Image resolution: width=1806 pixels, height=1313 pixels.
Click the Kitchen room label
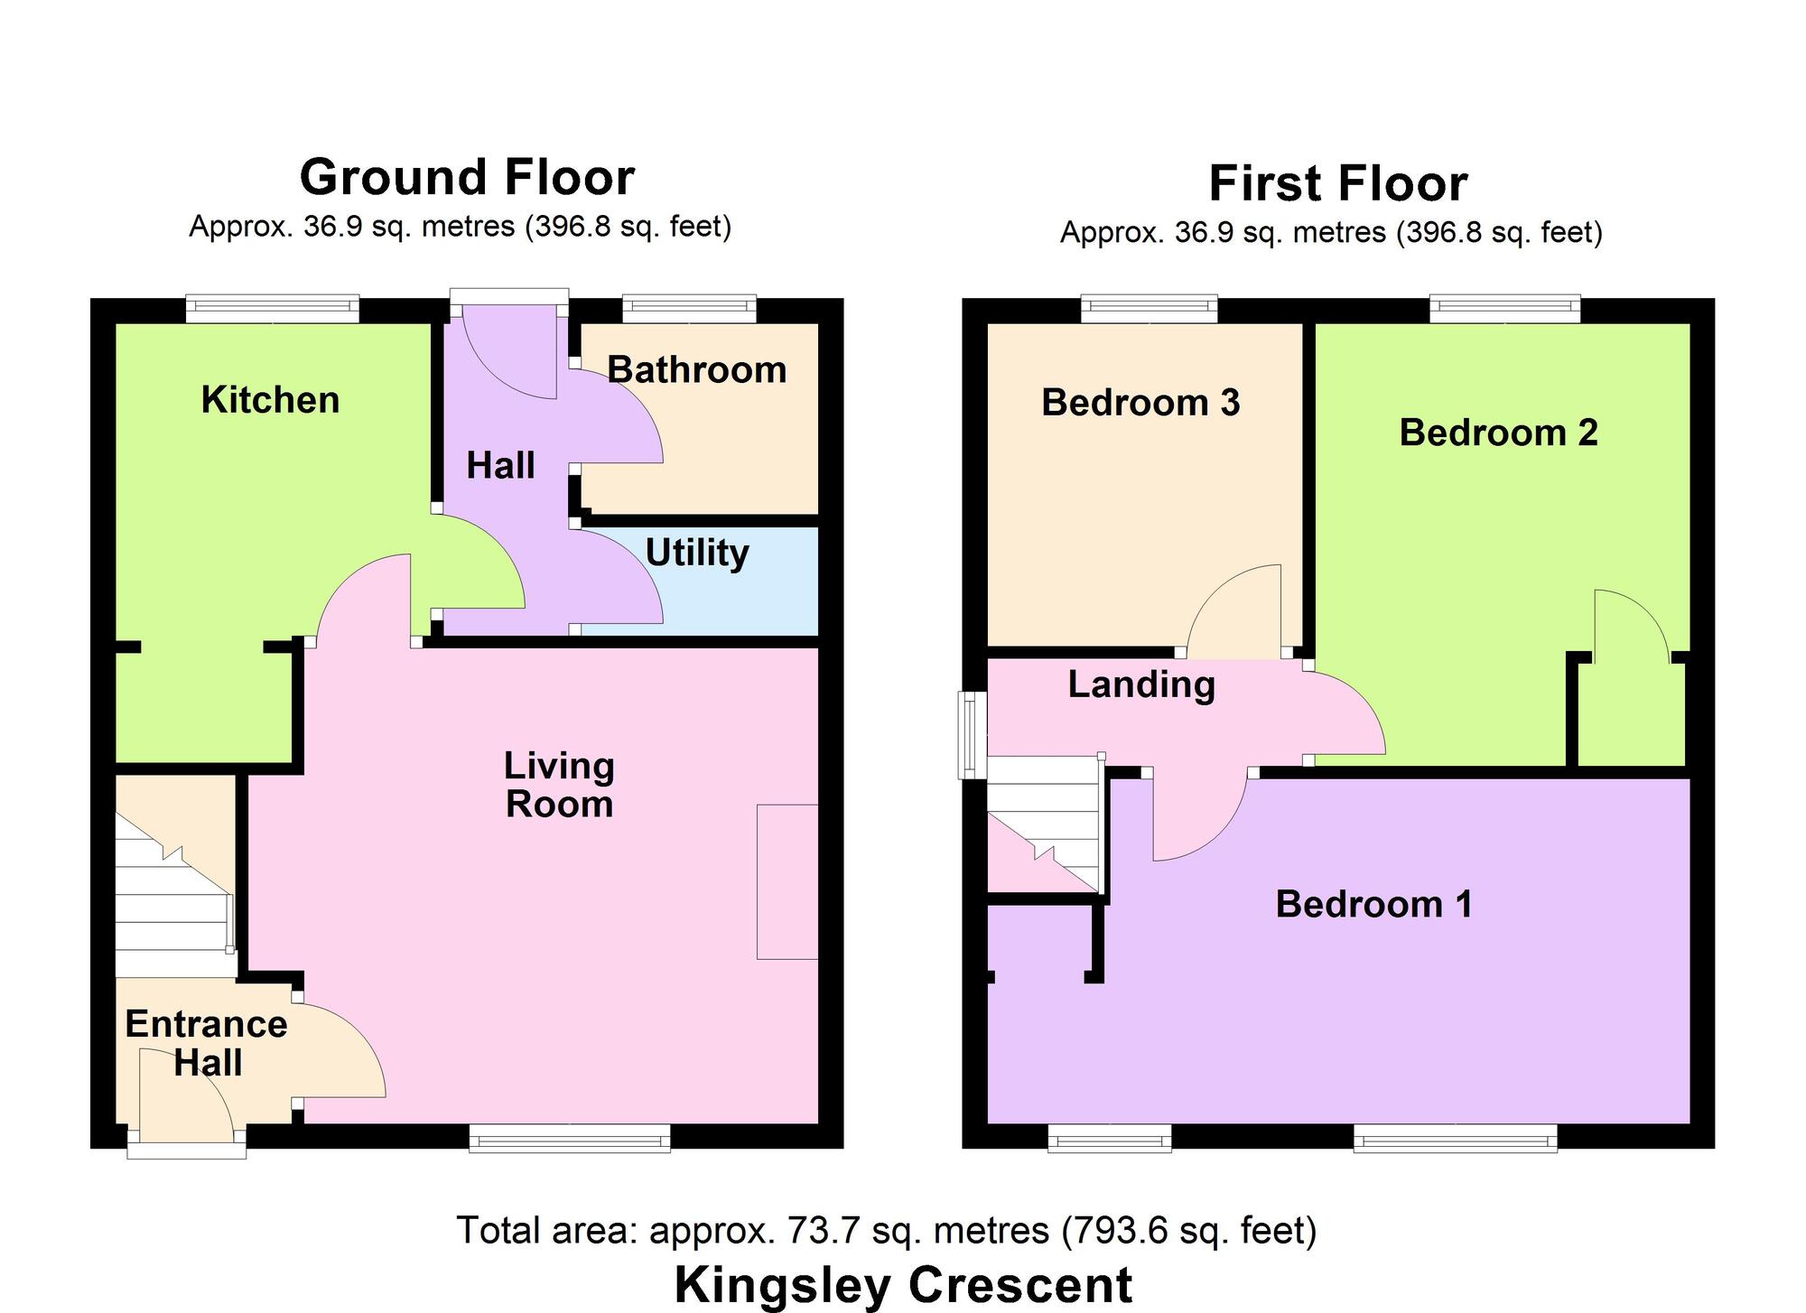tap(270, 400)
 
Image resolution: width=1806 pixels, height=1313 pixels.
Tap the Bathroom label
tap(696, 370)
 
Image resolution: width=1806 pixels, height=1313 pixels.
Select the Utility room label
tap(696, 553)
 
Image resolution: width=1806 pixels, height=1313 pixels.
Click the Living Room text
tap(559, 785)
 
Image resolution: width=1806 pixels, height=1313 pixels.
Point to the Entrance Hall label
tap(206, 1043)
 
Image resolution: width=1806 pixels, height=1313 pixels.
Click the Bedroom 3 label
tap(1140, 403)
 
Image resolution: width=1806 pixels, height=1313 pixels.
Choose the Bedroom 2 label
tap(1498, 433)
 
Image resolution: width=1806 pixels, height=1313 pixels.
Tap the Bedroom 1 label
tap(1373, 904)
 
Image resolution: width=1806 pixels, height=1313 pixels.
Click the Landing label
tap(1141, 684)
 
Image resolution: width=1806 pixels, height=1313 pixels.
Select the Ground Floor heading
tap(467, 177)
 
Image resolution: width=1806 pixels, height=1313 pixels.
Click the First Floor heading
tap(1337, 183)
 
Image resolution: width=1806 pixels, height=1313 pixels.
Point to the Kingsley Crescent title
tap(903, 1285)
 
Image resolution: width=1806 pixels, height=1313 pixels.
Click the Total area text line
tap(886, 1230)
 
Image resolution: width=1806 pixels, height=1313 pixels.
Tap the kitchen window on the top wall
tap(273, 309)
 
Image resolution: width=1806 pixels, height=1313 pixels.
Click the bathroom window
tap(689, 309)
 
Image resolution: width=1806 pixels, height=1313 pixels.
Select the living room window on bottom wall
tap(569, 1138)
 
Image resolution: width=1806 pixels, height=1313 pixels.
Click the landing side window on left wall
tap(972, 735)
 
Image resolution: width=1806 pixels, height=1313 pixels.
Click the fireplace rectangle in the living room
tap(787, 881)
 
